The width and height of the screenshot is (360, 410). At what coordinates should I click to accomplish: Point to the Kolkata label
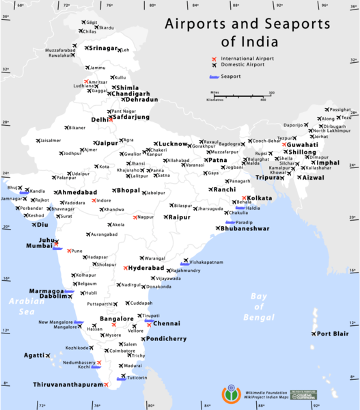coord(259,198)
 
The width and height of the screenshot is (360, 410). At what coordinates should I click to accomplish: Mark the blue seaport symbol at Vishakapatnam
coord(184,262)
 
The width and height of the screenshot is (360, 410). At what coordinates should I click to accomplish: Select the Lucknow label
coord(171,144)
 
